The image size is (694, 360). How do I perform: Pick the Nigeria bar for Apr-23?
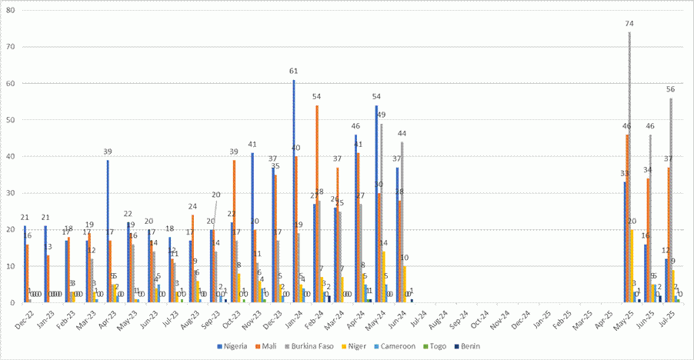pyautogui.click(x=108, y=232)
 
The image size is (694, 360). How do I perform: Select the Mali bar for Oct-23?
pyautogui.click(x=234, y=232)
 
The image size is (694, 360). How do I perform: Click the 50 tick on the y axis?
pyautogui.click(x=11, y=120)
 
